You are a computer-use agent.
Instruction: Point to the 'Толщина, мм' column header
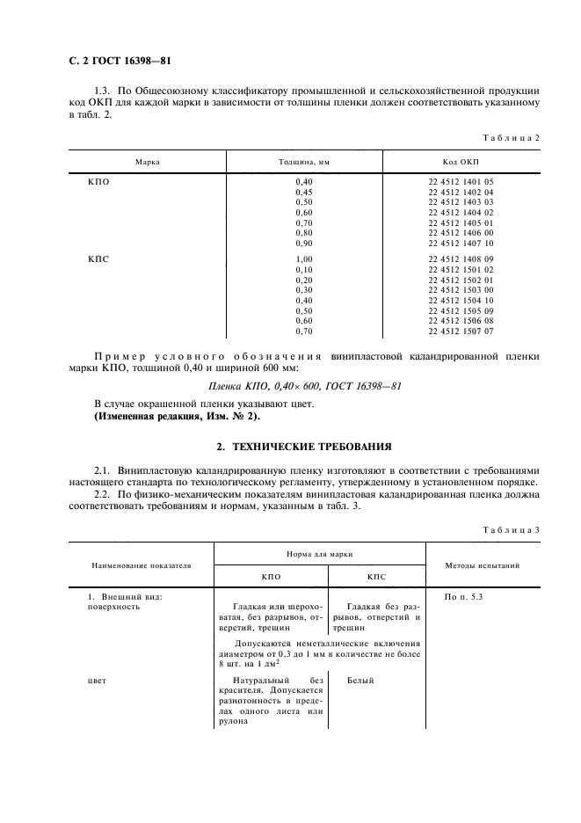point(304,163)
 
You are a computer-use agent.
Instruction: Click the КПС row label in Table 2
point(99,259)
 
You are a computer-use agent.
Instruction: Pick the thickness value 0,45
point(304,192)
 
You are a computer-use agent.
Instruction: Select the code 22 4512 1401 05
point(461,181)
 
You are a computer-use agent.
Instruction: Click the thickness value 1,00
point(304,259)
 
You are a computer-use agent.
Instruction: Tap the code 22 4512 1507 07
point(461,331)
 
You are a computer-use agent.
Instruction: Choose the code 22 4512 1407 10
point(461,244)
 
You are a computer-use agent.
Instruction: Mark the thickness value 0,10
point(304,270)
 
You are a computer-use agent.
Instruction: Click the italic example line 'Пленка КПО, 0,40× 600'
point(290,384)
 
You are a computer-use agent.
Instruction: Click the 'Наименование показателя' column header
point(140,565)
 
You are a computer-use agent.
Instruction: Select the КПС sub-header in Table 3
point(375,577)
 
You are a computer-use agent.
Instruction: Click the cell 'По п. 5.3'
point(464,597)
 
